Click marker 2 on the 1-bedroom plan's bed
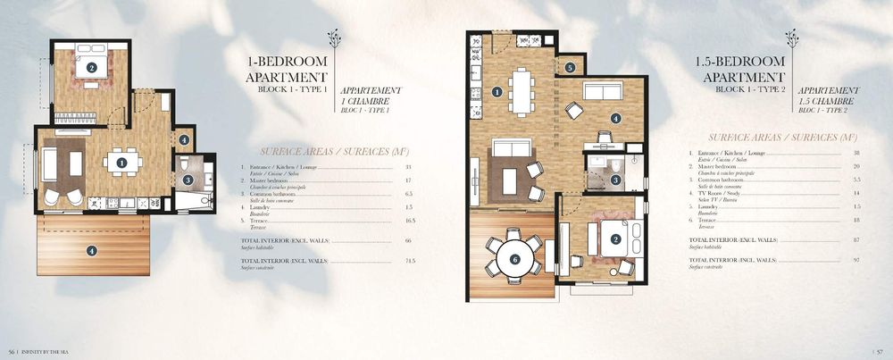click(90, 67)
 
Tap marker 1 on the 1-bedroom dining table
click(121, 163)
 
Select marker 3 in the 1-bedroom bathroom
click(188, 180)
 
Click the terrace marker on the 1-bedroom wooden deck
click(92, 251)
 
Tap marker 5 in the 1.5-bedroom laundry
click(570, 67)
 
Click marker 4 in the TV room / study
click(614, 118)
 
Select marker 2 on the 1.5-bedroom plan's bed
click(615, 239)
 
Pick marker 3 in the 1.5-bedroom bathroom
click(616, 180)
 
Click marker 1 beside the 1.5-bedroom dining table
click(497, 91)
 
